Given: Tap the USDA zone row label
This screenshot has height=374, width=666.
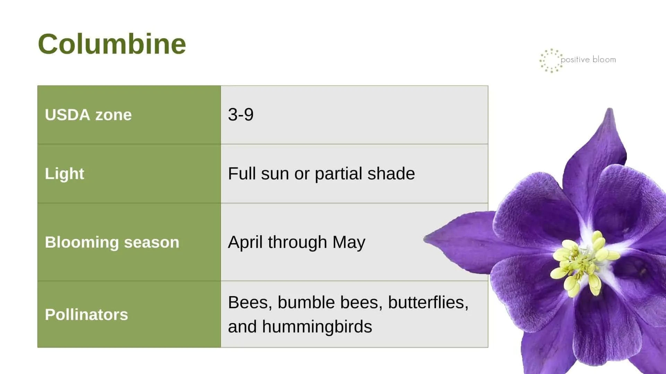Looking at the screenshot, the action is click(88, 115).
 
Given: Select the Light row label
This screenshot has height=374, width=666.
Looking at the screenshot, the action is click(65, 174).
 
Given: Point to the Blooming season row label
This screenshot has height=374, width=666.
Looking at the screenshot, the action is click(112, 242).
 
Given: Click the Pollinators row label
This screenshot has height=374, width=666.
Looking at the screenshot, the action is click(86, 315).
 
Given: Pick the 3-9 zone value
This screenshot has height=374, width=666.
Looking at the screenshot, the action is click(241, 115).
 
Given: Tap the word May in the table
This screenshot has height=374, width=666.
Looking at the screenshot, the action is click(349, 242).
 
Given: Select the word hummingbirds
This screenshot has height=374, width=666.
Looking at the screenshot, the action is click(317, 327).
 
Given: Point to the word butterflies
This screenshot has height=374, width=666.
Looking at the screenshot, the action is click(428, 302).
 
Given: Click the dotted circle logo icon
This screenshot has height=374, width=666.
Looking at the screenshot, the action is click(551, 61).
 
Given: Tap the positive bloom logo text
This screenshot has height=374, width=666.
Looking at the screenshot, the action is click(588, 60).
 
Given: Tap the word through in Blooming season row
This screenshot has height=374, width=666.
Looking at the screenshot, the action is click(297, 242).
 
